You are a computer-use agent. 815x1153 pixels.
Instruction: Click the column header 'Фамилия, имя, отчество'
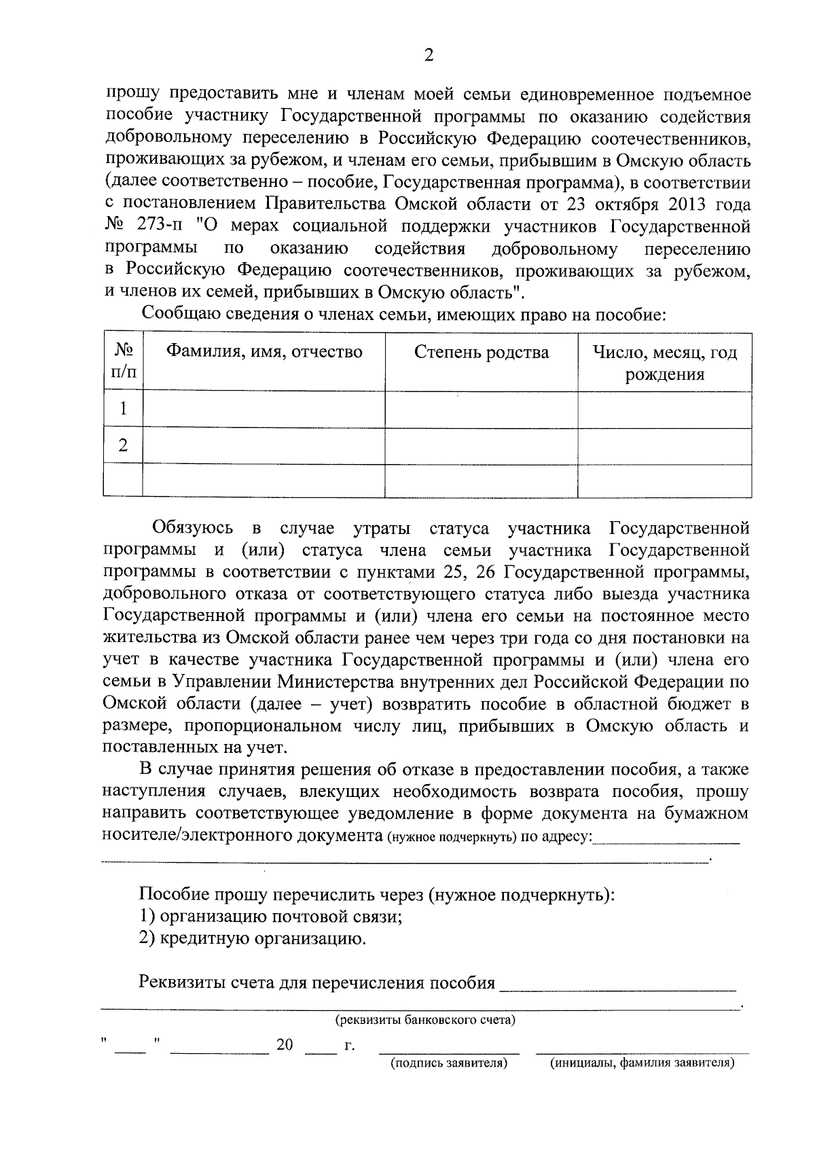tap(265, 352)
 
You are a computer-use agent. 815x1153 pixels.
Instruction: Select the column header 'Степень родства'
tap(481, 352)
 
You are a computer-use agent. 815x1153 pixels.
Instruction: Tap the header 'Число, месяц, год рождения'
tap(664, 363)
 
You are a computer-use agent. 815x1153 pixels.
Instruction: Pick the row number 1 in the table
tap(123, 408)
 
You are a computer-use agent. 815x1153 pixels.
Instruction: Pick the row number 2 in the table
tap(123, 446)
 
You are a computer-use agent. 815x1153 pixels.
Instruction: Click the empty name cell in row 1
tap(264, 408)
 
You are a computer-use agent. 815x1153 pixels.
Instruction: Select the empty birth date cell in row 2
tap(664, 446)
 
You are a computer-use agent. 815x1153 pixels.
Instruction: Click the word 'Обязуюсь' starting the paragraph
tap(193, 528)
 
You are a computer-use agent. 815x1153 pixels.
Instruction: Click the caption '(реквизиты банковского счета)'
tap(425, 1020)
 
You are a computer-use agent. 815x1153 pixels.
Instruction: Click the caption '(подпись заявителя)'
tap(449, 1063)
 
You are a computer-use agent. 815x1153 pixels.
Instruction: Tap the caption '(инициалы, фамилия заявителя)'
tap(642, 1063)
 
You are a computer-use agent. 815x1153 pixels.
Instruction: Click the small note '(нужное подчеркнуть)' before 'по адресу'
tap(452, 836)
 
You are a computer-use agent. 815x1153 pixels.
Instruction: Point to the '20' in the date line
tap(285, 1044)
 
